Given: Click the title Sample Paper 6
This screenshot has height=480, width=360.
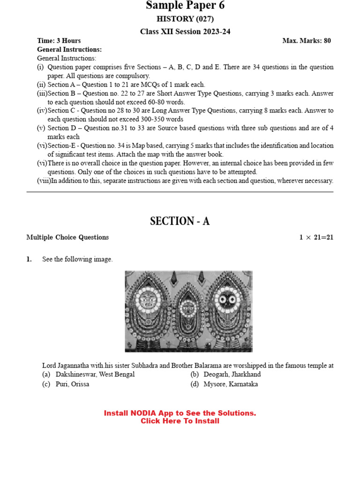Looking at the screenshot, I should [185, 6].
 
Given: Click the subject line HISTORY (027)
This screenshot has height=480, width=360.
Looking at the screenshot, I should [185, 19].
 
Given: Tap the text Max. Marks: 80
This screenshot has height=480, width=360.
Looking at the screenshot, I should [306, 41].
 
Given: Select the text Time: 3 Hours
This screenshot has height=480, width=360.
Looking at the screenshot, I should [59, 41].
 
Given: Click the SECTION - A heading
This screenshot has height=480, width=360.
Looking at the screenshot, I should [180, 221].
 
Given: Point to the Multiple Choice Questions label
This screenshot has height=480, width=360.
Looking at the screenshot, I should [67, 237].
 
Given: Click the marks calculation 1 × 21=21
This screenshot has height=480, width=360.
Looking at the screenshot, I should [316, 237].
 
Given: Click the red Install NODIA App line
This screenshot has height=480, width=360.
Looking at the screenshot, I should [180, 413].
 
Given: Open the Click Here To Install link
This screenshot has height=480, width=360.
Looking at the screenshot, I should [180, 421].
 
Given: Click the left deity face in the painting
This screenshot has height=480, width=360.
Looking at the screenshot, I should [147, 299].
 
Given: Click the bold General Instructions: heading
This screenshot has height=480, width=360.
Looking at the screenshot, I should [69, 49].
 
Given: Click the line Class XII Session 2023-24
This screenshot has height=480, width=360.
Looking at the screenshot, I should [185, 31].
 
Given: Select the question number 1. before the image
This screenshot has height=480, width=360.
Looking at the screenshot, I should [29, 259].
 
